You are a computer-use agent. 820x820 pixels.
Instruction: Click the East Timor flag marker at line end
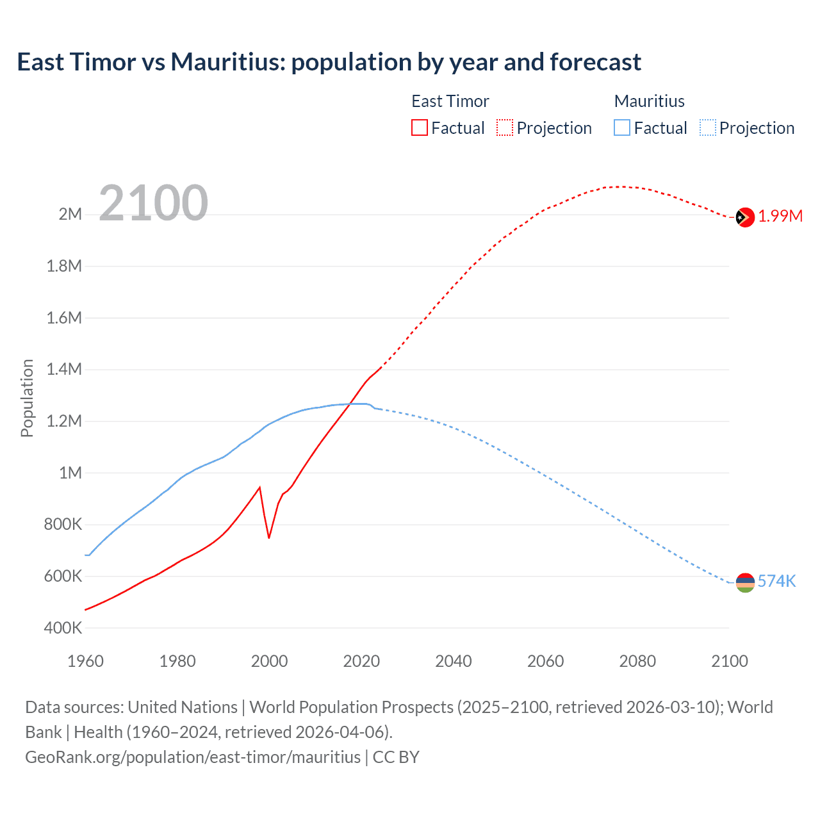(744, 218)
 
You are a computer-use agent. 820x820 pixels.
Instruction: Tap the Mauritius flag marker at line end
(744, 582)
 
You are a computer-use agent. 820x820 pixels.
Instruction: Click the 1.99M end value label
(780, 216)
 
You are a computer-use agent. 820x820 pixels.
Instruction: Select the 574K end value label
(776, 581)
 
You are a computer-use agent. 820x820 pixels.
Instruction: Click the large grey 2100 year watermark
(153, 203)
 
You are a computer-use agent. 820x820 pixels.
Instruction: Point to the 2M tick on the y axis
(70, 214)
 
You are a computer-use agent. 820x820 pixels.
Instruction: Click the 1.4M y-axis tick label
(64, 369)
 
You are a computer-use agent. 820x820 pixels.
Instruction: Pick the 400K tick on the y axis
(63, 628)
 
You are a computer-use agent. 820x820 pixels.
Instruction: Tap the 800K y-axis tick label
(63, 524)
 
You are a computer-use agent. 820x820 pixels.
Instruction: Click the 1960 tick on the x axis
(85, 661)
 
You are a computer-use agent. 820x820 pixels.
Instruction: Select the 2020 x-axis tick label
(361, 661)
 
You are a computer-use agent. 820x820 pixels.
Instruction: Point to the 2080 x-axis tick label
(637, 661)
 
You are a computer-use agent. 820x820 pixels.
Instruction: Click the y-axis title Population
(27, 398)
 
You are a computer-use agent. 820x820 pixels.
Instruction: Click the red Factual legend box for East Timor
(420, 128)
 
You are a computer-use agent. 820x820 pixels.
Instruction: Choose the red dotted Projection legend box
(505, 128)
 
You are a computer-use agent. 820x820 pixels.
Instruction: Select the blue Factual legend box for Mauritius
(622, 128)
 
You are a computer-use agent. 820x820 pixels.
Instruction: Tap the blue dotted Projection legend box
(707, 128)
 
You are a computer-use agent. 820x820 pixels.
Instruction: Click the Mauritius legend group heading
(649, 101)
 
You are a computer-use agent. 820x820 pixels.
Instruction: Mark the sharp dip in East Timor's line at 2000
(269, 537)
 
